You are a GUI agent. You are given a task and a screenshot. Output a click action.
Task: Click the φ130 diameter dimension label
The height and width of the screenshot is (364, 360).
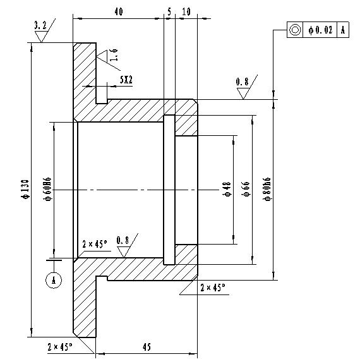(x=25, y=189)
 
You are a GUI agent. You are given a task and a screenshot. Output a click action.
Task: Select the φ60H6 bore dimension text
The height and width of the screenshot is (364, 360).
(x=47, y=189)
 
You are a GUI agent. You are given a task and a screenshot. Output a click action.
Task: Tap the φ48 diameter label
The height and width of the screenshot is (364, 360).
(x=227, y=189)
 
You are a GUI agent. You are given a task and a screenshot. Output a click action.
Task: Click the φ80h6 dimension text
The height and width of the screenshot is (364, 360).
(x=267, y=189)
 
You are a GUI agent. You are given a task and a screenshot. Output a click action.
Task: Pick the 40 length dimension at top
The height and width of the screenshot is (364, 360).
(x=119, y=11)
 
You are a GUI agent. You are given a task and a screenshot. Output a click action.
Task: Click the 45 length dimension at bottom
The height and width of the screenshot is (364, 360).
(x=147, y=347)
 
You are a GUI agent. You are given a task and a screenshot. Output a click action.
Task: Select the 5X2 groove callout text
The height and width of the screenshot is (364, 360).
(x=126, y=80)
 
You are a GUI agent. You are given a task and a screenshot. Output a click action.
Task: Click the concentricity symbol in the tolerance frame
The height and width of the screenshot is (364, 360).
(x=295, y=30)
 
